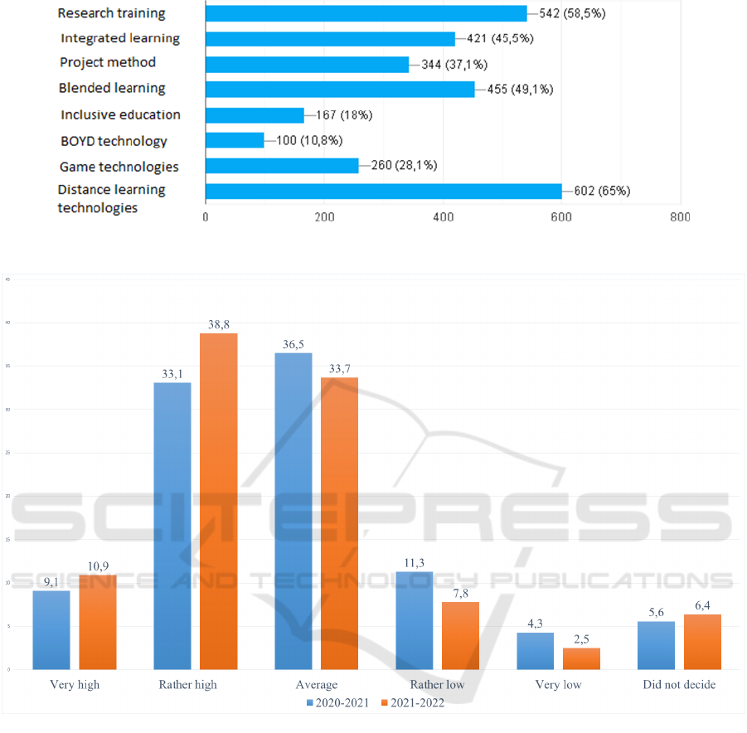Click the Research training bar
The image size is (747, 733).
pos(366,13)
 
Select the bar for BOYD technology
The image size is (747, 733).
pos(235,140)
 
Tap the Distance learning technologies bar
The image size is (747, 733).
pos(383,191)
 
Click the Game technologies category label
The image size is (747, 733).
pos(119,167)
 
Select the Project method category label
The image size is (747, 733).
pos(108,63)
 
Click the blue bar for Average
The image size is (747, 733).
pos(293,511)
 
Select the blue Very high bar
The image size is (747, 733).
pos(51,629)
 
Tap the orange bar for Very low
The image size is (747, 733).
pos(581,658)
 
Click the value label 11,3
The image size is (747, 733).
pos(414,562)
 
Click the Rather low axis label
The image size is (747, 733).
pos(437,685)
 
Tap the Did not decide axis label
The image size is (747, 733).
pos(679,685)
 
